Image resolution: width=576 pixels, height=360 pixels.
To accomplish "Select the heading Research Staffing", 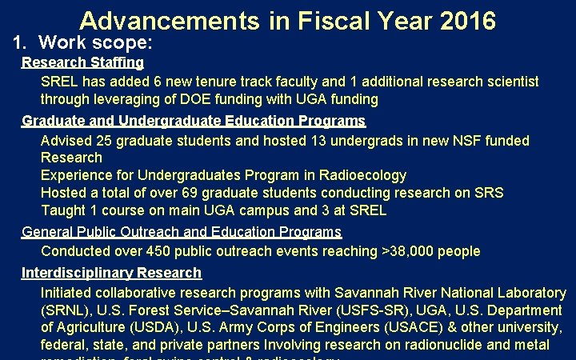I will (x=82, y=62).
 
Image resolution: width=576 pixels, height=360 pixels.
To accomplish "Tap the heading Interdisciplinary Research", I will (x=111, y=273).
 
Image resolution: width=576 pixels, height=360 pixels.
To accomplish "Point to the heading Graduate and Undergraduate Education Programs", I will (x=193, y=121).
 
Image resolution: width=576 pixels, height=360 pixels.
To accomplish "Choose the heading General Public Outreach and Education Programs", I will (x=181, y=232).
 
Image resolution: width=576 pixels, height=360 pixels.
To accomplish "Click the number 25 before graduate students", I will (x=103, y=141).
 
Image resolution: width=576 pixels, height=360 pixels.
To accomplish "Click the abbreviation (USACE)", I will (x=394, y=327).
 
